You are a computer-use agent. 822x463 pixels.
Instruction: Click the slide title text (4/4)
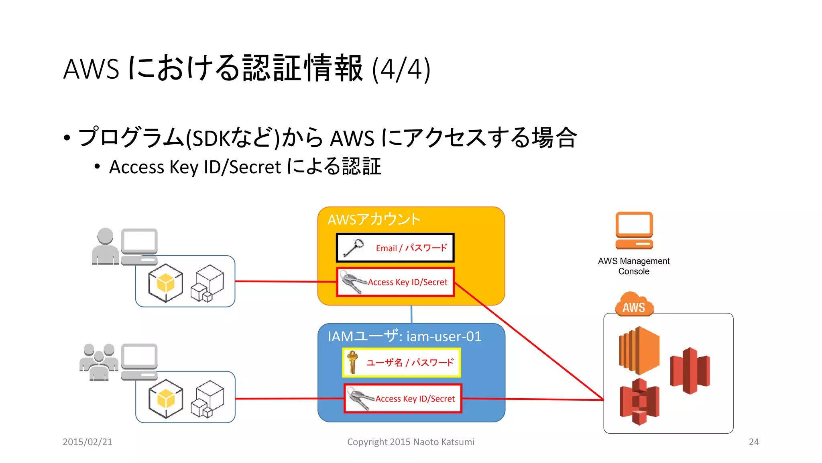[x=246, y=69]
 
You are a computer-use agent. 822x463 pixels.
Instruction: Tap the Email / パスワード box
[x=395, y=248]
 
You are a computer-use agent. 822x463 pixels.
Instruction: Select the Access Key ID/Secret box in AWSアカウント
[x=395, y=282]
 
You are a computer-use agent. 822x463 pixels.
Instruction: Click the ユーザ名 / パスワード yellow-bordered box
[x=401, y=363]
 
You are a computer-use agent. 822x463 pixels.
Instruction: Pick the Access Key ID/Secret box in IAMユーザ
[x=403, y=398]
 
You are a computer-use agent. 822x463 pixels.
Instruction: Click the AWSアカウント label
[x=374, y=219]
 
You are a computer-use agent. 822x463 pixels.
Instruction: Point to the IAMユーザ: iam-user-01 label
[x=404, y=336]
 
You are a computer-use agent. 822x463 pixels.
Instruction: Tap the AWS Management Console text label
[x=633, y=266]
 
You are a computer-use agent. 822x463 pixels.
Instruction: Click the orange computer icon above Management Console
[x=634, y=230]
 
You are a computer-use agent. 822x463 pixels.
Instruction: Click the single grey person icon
[x=105, y=247]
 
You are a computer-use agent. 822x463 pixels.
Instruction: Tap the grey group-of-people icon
[x=98, y=362]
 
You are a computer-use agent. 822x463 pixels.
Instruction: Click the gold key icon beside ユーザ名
[x=352, y=362]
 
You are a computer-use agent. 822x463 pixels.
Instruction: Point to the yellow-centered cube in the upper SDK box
[x=165, y=283]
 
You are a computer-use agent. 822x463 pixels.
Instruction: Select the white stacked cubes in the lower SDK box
[x=207, y=399]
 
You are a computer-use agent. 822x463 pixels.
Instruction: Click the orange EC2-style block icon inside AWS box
[x=639, y=350]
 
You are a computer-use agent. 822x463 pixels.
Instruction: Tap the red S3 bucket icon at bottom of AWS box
[x=639, y=402]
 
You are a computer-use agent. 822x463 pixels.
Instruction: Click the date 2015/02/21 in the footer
[x=87, y=442]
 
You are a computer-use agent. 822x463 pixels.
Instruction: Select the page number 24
[x=753, y=442]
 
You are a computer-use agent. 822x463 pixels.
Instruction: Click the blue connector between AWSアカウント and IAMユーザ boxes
[x=411, y=314]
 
